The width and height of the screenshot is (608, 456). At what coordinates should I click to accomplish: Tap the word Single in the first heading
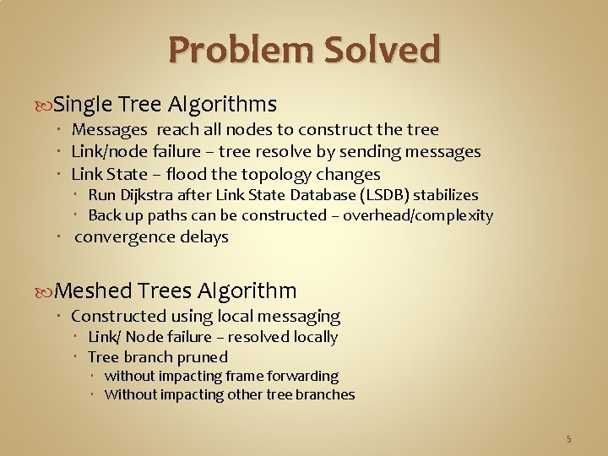pos(82,105)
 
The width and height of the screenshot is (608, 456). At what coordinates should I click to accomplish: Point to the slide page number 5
pos(568,438)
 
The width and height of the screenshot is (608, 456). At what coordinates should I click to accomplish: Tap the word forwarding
pos(301,376)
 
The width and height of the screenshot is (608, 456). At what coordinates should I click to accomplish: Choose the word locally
pos(315,337)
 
